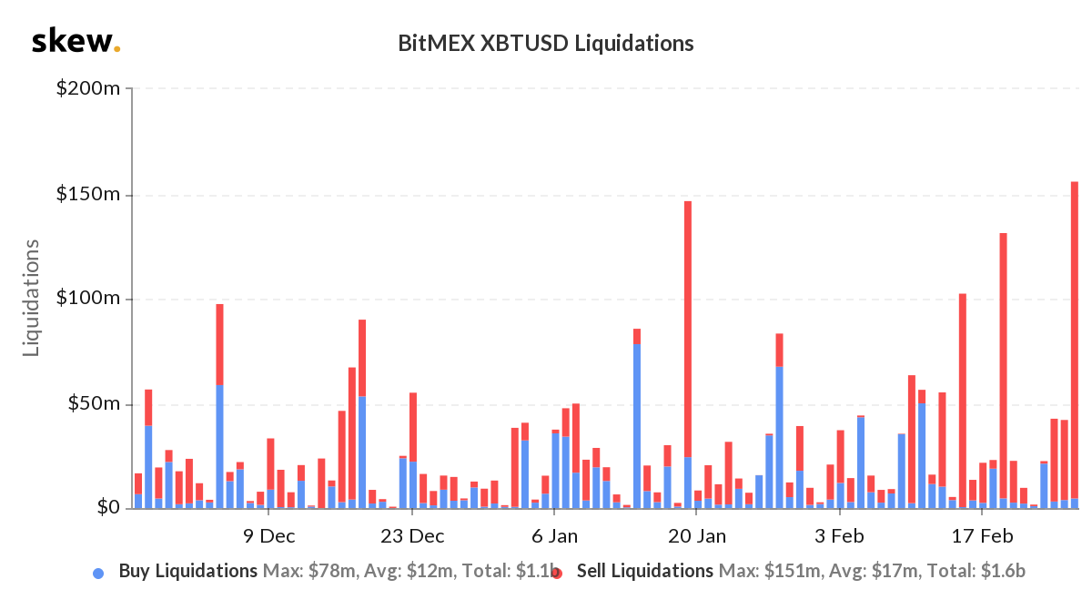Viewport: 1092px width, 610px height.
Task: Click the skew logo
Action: (75, 42)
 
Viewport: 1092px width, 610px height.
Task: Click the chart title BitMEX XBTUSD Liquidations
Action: (546, 43)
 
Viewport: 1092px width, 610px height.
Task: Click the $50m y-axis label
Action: (94, 404)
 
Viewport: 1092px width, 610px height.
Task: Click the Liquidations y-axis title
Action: (33, 298)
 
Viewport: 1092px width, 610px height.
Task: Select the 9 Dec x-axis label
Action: (269, 535)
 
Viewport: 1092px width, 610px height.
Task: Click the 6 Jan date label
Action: (552, 535)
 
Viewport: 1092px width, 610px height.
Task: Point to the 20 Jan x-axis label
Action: (695, 535)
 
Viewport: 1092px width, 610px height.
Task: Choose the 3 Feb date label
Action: (839, 535)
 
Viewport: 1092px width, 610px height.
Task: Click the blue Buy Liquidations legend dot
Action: (98, 573)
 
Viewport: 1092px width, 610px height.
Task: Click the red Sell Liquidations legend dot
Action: (556, 573)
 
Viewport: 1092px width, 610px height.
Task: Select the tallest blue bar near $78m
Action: (637, 428)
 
